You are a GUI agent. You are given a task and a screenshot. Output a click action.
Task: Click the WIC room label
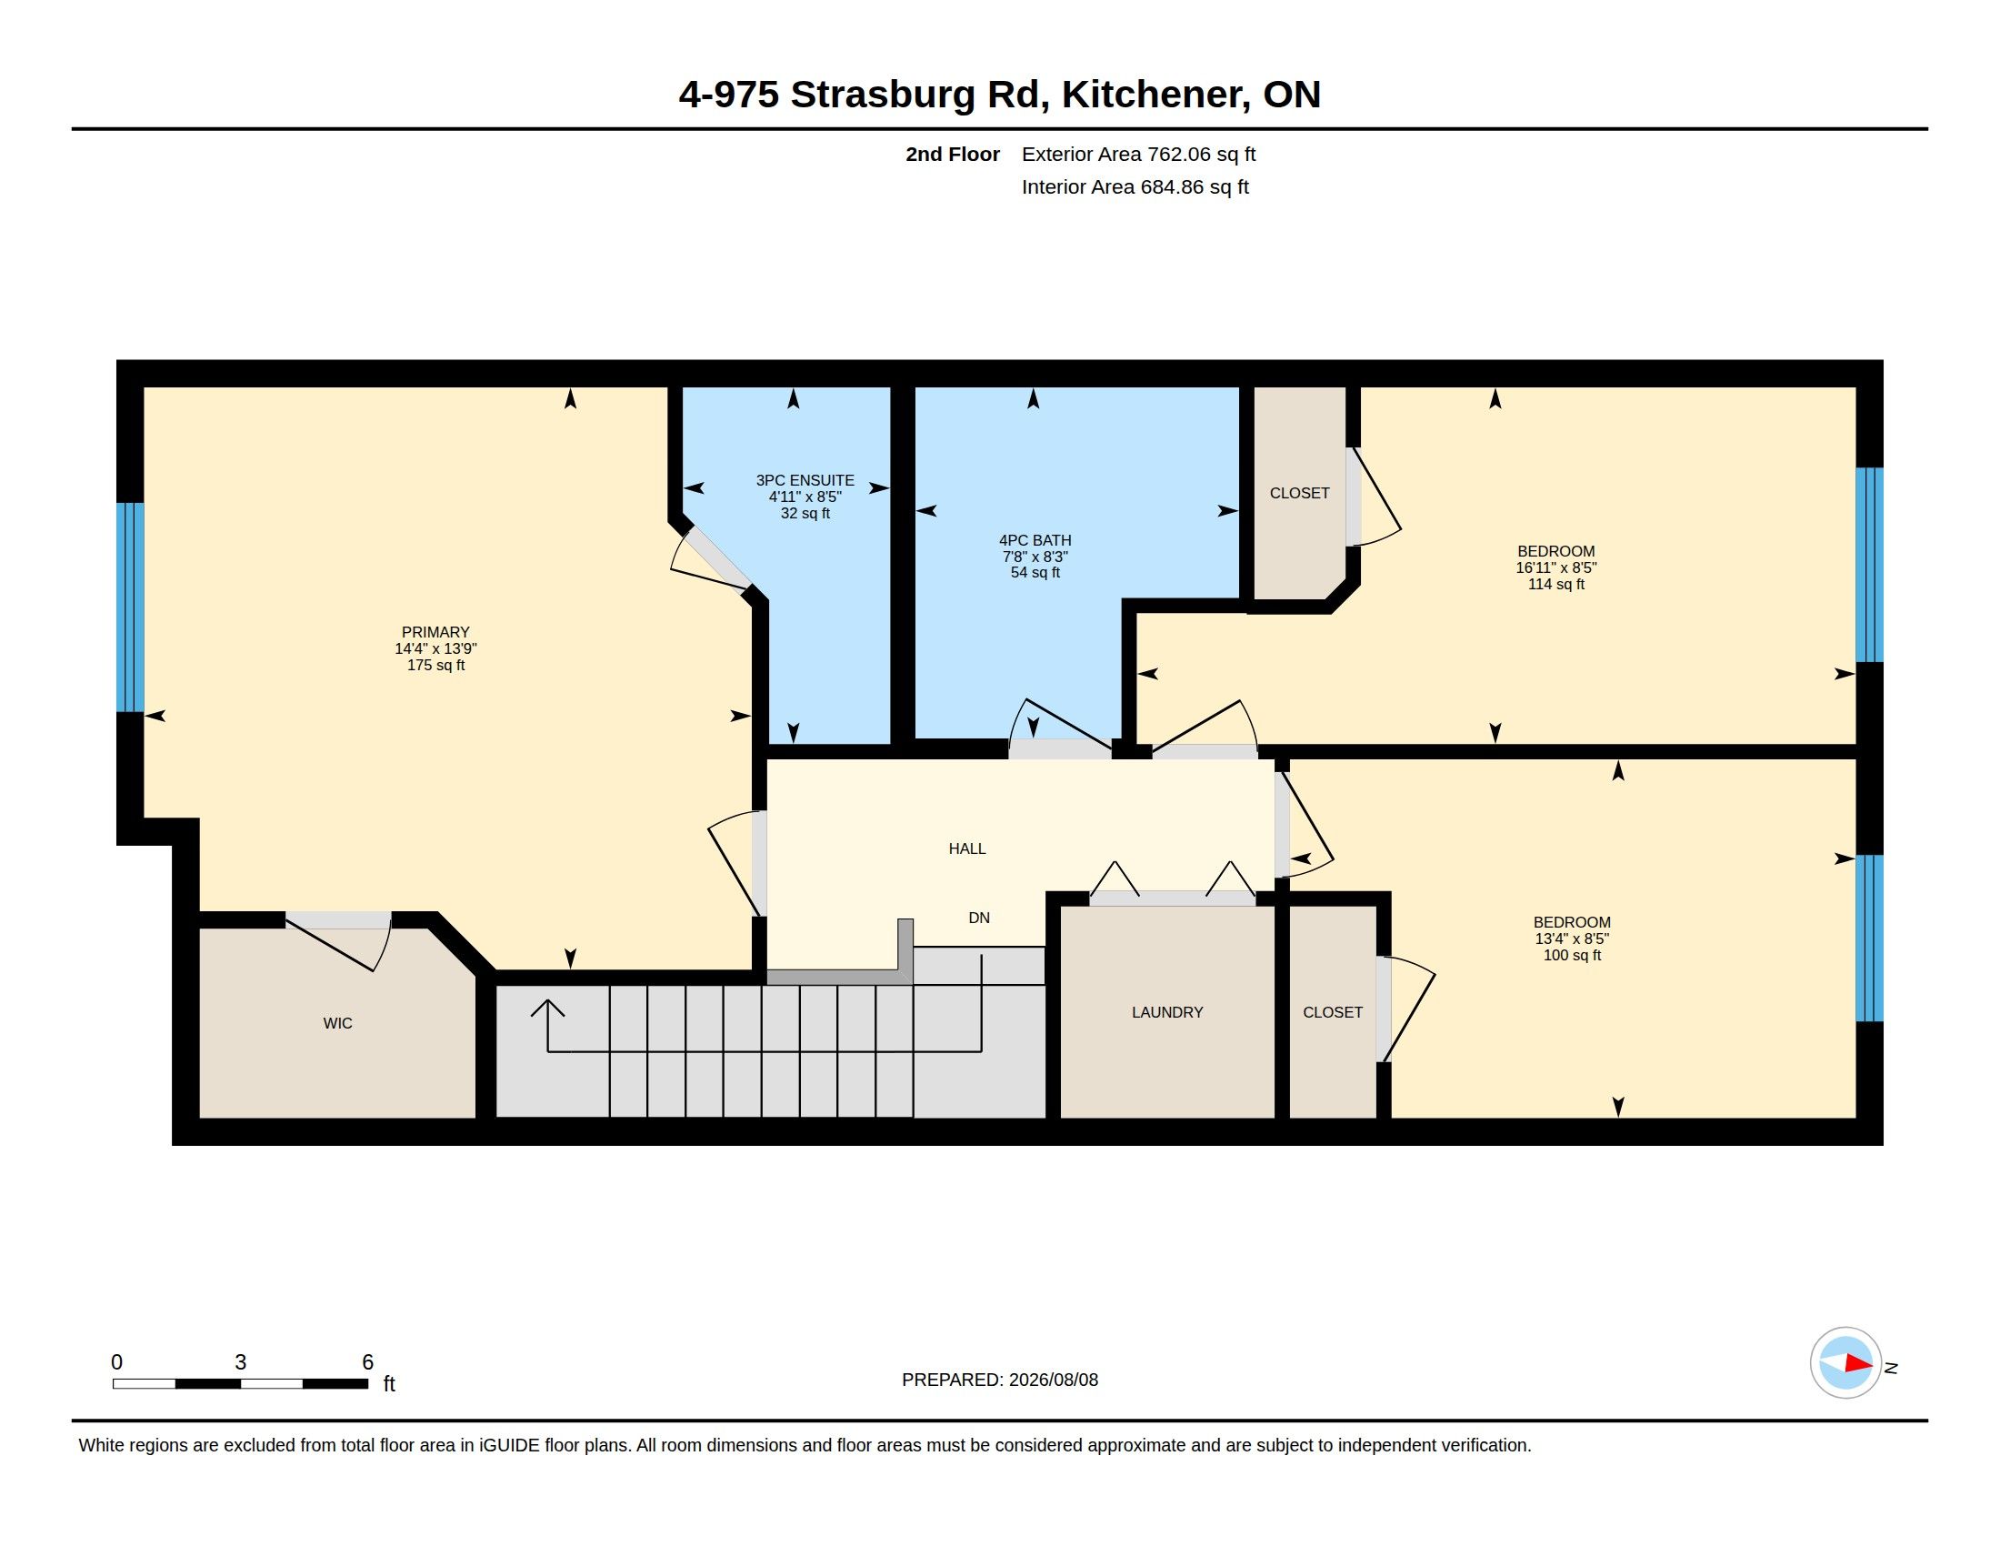pos(337,1023)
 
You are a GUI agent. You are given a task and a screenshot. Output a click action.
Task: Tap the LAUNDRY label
pos(1166,1012)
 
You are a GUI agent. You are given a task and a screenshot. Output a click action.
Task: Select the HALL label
pos(967,849)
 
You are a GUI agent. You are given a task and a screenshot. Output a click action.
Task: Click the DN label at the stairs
pos(979,918)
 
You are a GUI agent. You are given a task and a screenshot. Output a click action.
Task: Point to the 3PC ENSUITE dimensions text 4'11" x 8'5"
pos(805,497)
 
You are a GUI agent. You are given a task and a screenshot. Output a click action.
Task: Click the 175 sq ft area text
pos(435,665)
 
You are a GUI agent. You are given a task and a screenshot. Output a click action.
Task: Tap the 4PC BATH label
pos(1035,540)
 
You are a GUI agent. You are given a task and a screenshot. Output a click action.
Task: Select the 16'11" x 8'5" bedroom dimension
pos(1555,567)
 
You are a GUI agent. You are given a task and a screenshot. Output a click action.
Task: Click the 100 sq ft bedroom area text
pos(1573,955)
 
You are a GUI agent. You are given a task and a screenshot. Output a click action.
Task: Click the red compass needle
pos(1859,1364)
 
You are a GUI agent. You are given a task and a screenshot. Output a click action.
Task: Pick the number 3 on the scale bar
pos(240,1362)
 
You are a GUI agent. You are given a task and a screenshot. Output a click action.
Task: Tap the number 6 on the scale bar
pos(367,1362)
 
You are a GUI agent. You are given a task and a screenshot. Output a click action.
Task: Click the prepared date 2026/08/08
pos(1053,1380)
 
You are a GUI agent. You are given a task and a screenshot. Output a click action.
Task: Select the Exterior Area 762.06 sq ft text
pos(1138,154)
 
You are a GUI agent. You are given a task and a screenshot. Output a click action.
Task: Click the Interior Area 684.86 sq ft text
pos(1135,186)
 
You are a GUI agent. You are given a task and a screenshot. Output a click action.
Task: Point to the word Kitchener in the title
pos(1155,95)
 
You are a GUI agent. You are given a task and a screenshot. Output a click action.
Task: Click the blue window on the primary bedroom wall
pos(130,607)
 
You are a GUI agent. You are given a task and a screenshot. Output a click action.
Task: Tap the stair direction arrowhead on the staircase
pos(547,1008)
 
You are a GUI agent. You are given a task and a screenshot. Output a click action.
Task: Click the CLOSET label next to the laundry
pos(1333,1012)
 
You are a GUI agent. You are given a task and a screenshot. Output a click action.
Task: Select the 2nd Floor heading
pos(953,154)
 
